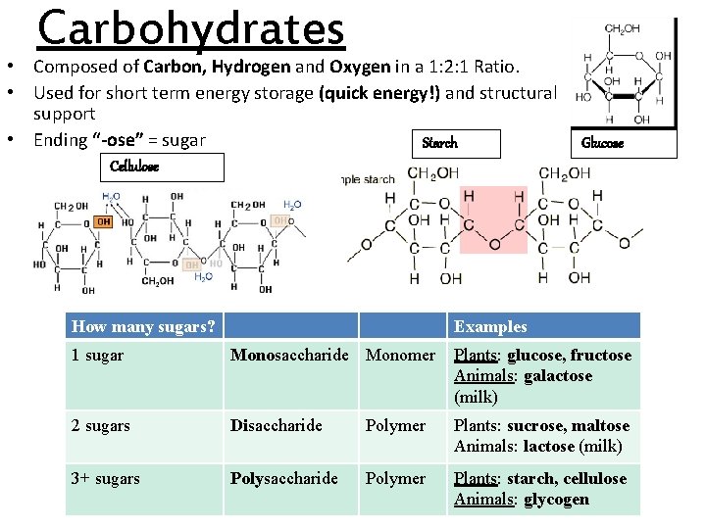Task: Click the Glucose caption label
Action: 602,143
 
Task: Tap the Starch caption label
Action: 439,143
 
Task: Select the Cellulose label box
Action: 163,168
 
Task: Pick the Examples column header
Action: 490,327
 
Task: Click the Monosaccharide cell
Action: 289,356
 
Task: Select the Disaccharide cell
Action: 276,426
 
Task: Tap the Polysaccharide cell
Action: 283,479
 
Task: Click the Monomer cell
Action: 400,356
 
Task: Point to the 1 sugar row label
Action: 97,356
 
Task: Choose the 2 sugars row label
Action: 100,426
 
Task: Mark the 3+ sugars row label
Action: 105,479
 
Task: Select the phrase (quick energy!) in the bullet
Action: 379,93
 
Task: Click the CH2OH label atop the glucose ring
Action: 622,29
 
